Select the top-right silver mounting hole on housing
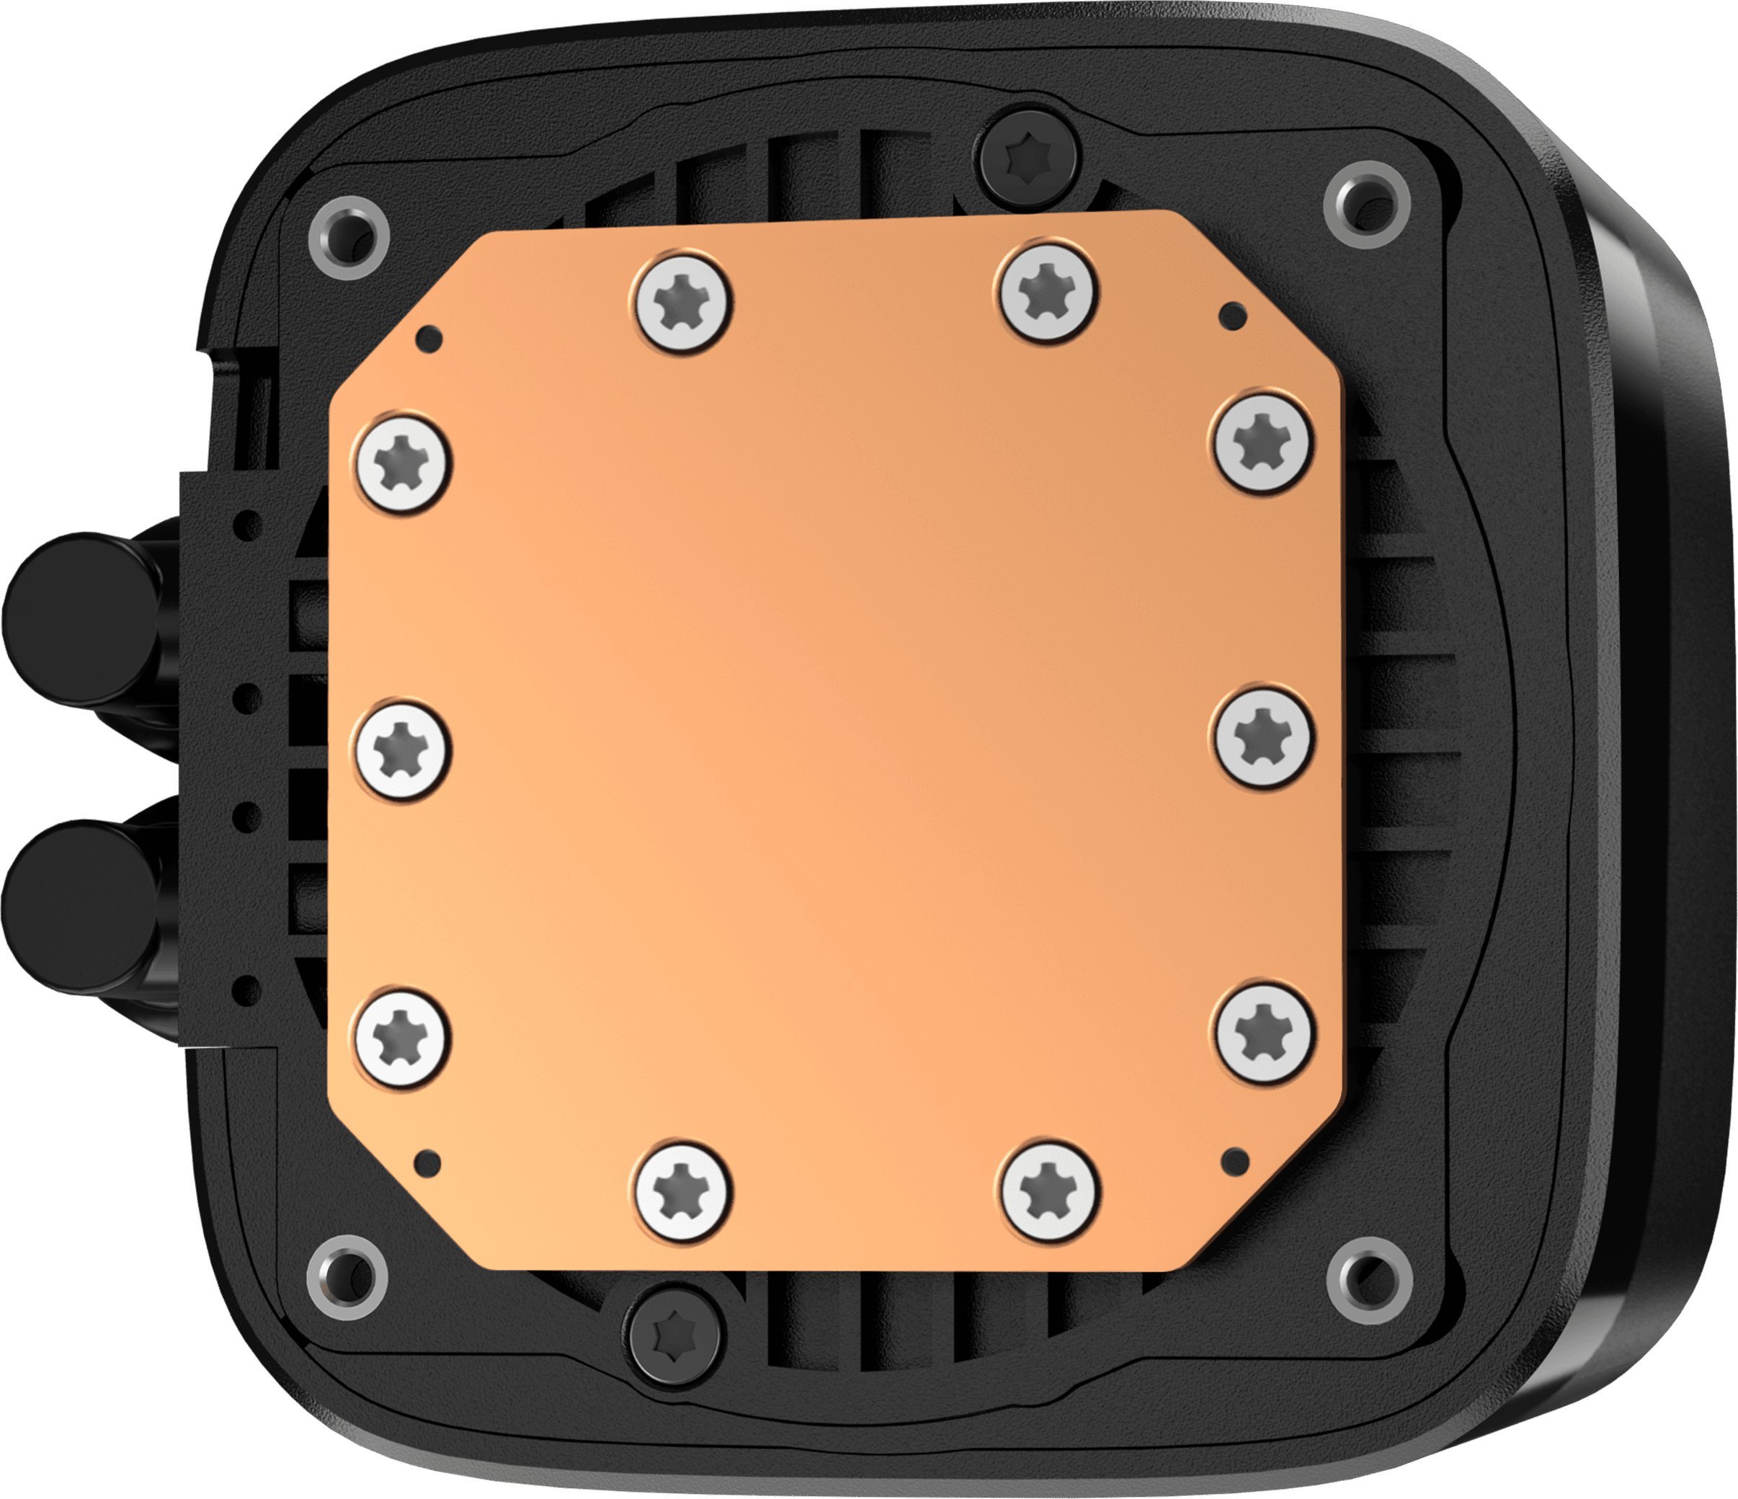tap(1366, 205)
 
